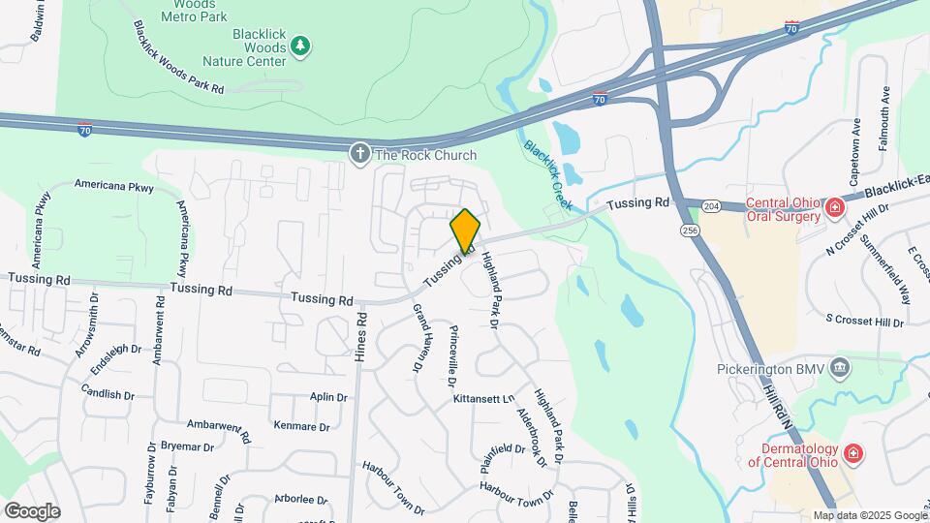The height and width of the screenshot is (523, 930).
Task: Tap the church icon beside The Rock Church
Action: [360, 154]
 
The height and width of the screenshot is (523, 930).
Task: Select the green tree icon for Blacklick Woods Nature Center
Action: [301, 45]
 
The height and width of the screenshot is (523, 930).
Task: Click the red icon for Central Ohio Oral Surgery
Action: [832, 208]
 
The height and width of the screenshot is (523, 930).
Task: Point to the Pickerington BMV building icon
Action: [840, 368]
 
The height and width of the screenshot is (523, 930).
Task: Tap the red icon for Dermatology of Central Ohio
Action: [852, 453]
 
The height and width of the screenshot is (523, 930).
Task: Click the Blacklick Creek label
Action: [548, 174]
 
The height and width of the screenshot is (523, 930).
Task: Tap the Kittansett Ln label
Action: [481, 398]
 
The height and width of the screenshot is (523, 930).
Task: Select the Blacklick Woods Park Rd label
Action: [179, 58]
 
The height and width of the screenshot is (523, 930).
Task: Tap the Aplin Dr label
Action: [328, 397]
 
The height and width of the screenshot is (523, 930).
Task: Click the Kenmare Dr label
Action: [302, 426]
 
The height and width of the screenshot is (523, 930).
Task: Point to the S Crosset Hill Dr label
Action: [864, 321]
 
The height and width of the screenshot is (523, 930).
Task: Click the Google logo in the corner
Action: [32, 510]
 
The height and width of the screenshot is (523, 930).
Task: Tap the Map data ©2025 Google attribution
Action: [870, 515]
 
